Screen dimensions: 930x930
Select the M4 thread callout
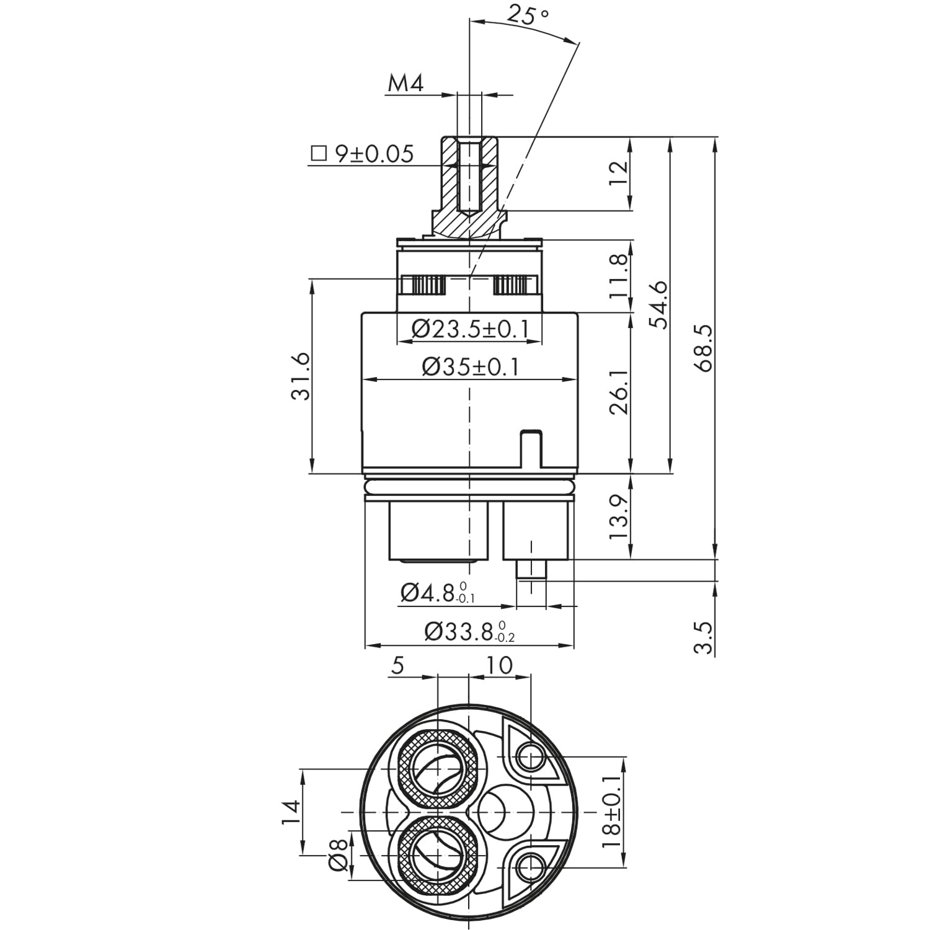[405, 83]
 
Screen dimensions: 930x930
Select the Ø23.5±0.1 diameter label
[469, 329]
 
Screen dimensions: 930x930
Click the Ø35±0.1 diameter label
[470, 368]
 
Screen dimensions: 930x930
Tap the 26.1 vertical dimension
[619, 392]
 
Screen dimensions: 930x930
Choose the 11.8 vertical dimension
[619, 275]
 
